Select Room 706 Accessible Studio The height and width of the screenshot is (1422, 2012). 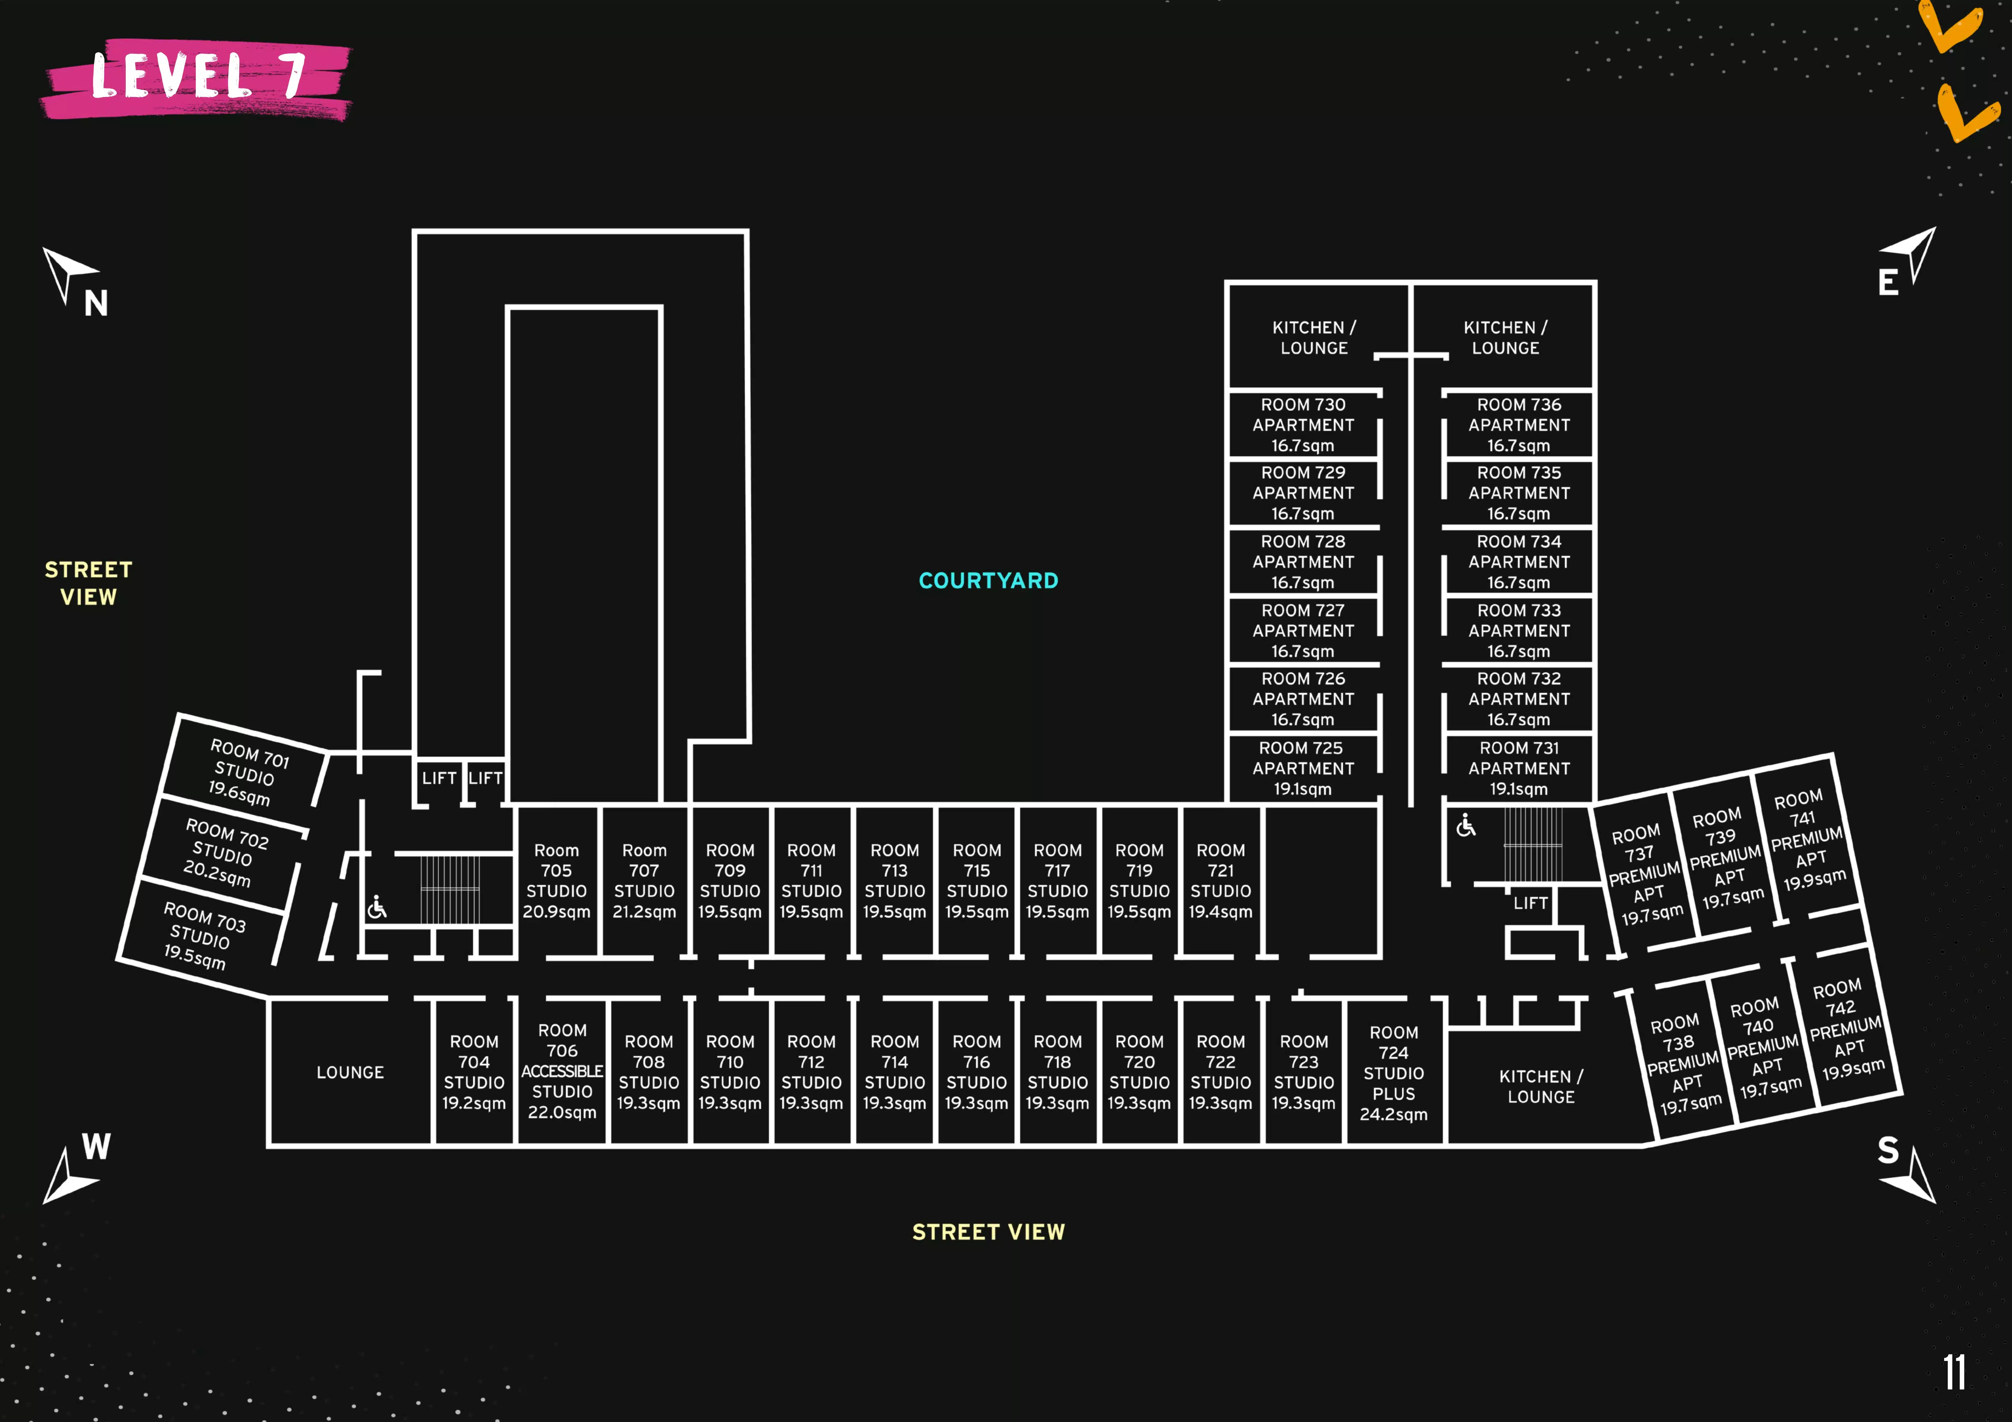tap(562, 1071)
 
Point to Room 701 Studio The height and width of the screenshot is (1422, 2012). tap(245, 771)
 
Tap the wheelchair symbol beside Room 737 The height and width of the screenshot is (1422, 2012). tap(1465, 825)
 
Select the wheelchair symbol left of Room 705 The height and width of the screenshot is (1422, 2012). tap(377, 908)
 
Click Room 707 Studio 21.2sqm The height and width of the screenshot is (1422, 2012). tap(644, 881)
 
